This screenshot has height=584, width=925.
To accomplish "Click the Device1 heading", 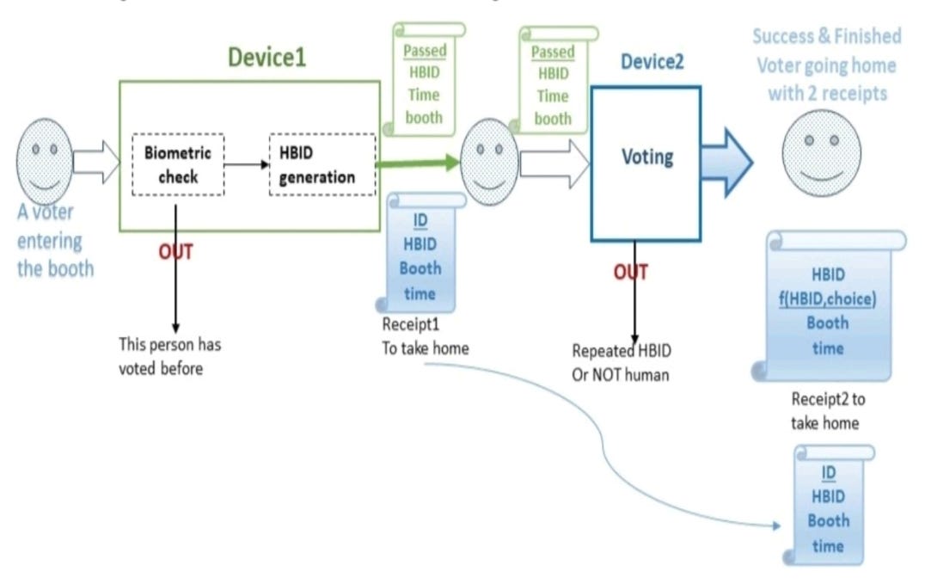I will pyautogui.click(x=266, y=58).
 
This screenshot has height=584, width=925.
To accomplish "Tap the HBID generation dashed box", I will pyautogui.click(x=322, y=165).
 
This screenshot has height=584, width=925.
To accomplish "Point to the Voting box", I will pyautogui.click(x=646, y=163).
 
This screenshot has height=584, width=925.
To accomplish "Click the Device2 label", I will pyautogui.click(x=652, y=62).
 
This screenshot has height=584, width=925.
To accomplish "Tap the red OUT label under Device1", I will pyautogui.click(x=175, y=252).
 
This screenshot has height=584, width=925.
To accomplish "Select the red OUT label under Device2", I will pyautogui.click(x=630, y=272).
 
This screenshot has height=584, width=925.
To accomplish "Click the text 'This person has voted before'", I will pyautogui.click(x=175, y=353).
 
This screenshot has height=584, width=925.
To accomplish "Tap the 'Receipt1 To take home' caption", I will pyautogui.click(x=425, y=336).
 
